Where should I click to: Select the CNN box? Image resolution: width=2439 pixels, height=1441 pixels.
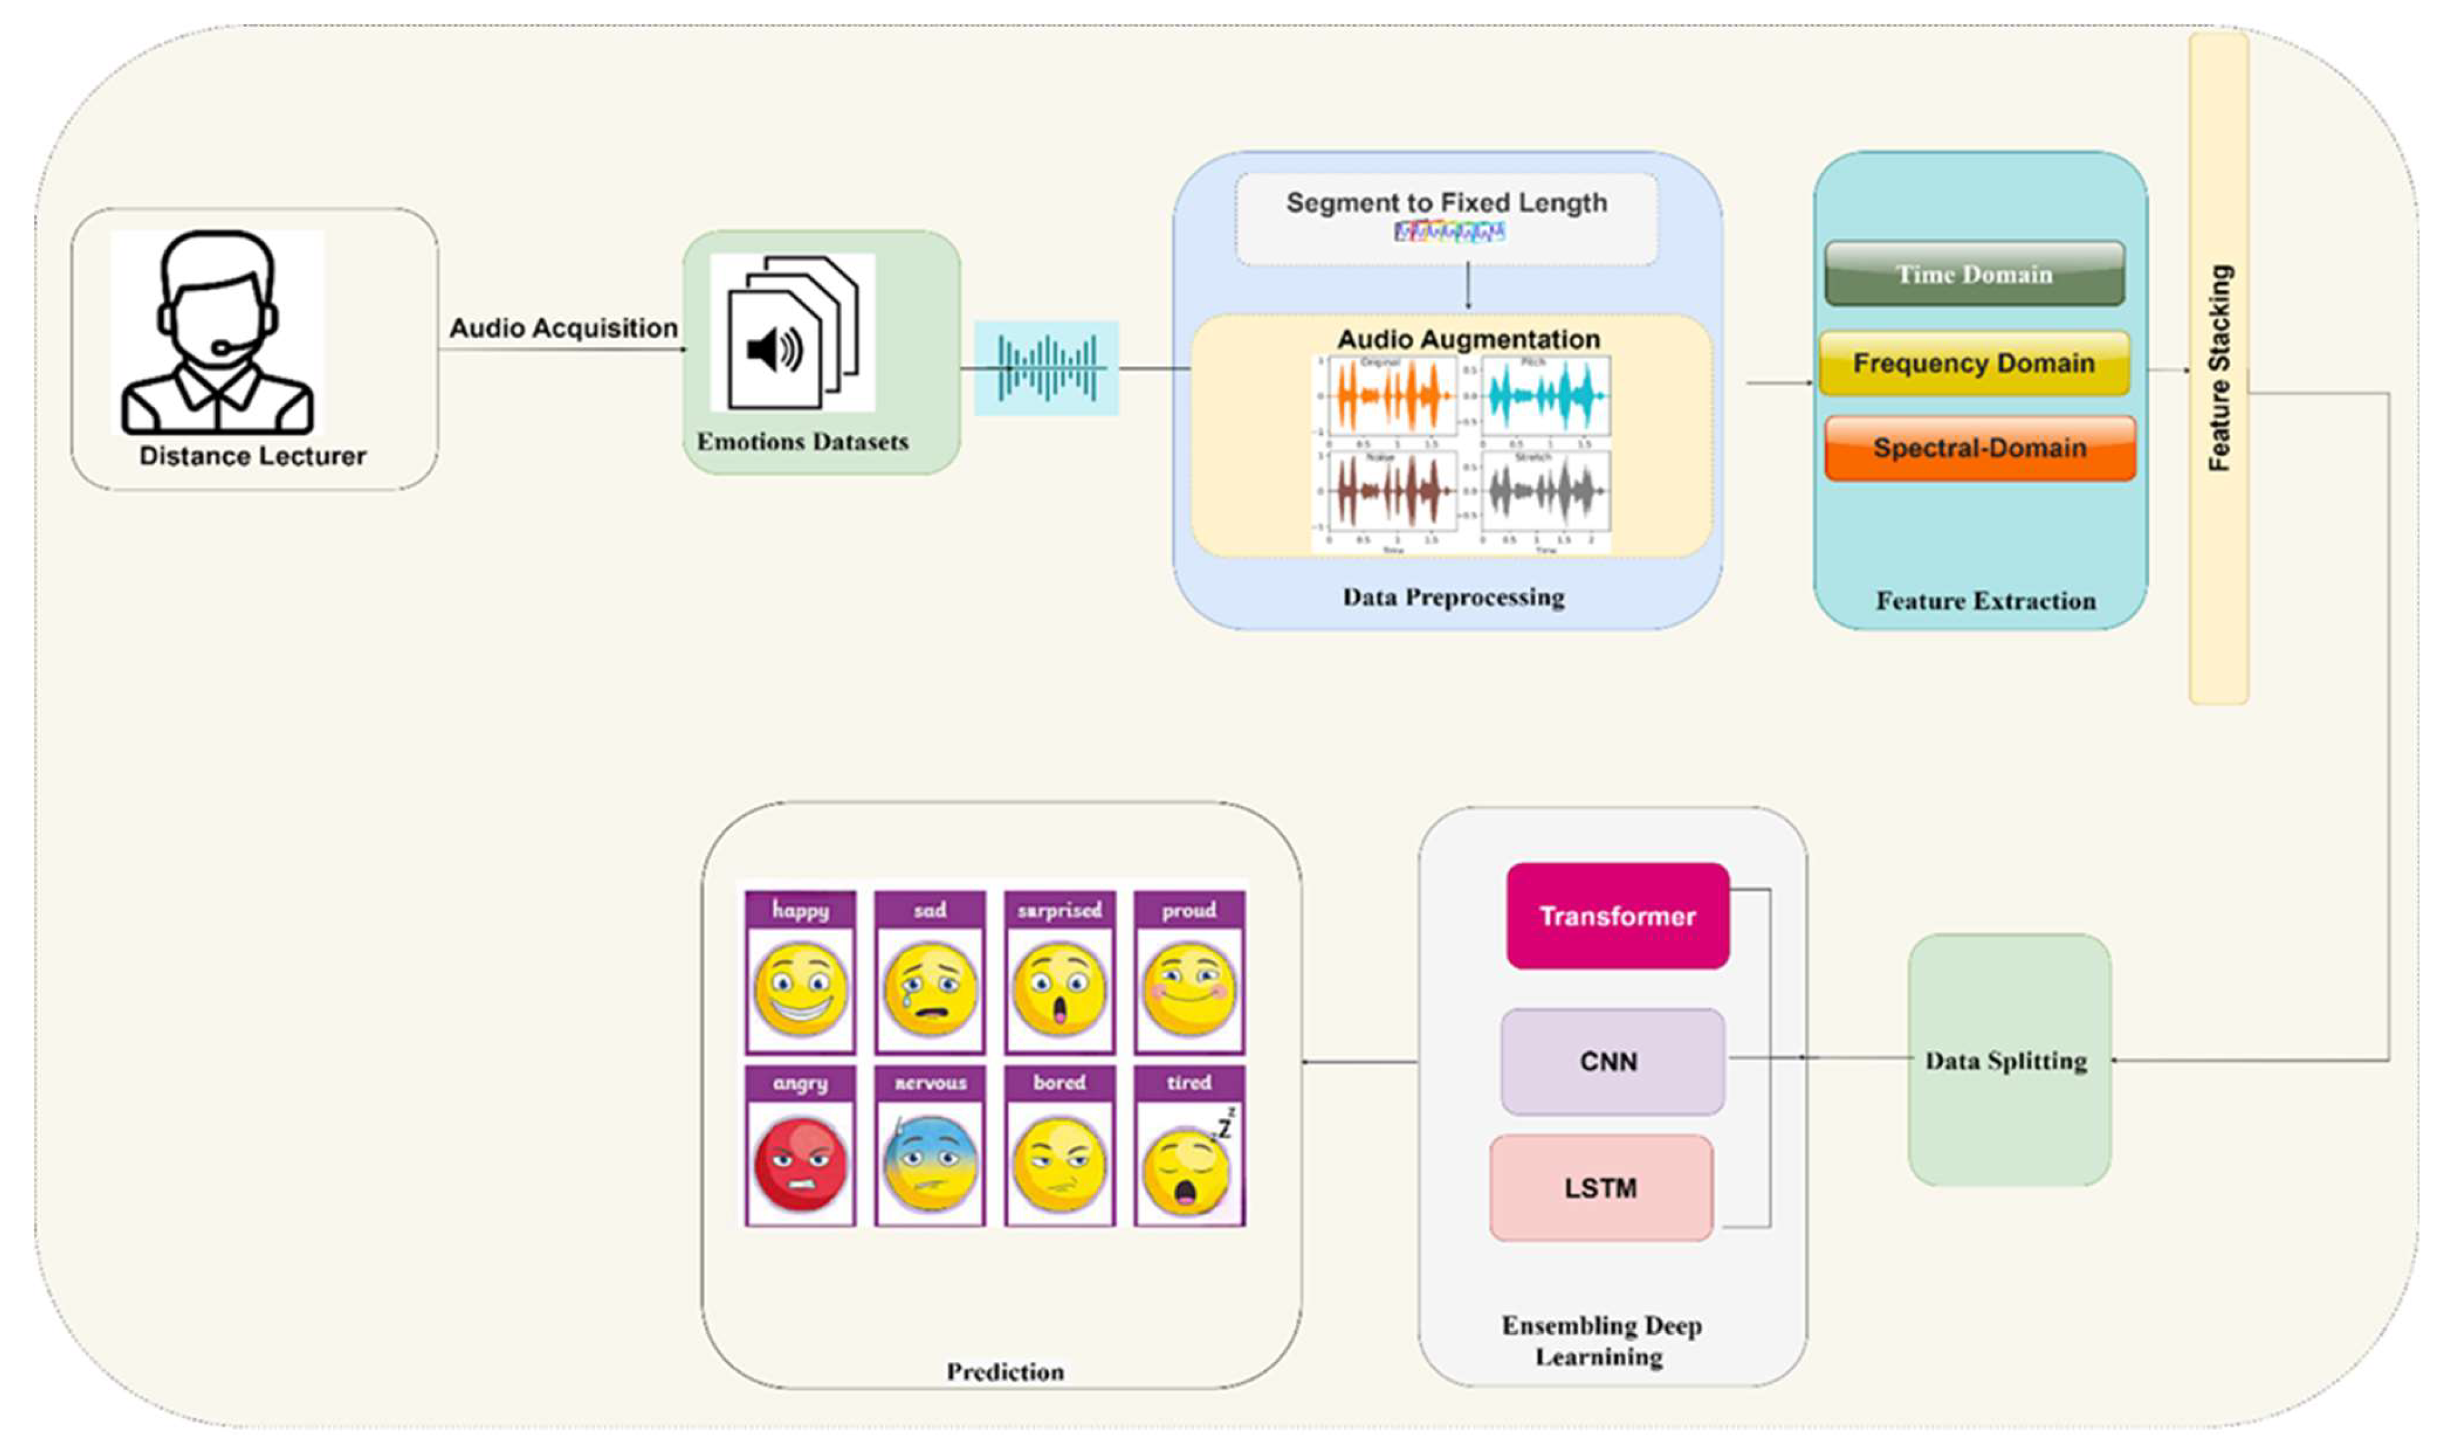(1611, 1061)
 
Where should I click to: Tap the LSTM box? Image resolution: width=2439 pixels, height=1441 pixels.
(1600, 1188)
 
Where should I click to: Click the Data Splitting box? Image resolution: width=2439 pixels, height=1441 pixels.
(2008, 1060)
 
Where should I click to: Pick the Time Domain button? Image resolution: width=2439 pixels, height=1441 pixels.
(1974, 274)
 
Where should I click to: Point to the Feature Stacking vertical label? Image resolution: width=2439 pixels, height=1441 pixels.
(2219, 369)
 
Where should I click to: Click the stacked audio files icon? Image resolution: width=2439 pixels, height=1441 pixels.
(792, 332)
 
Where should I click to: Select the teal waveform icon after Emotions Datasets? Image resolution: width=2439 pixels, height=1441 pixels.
(1047, 368)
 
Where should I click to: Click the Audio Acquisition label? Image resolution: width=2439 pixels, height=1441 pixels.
(563, 328)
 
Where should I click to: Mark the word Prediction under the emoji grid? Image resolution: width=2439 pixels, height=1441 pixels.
(1005, 1371)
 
